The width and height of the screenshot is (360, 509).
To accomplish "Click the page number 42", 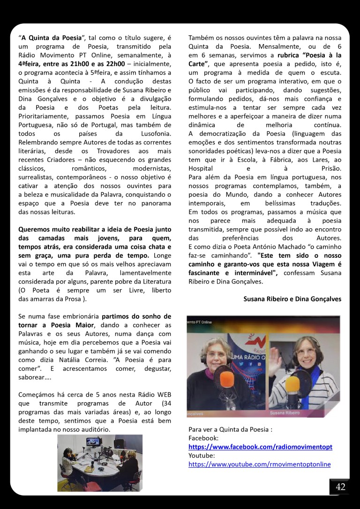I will tap(340, 487).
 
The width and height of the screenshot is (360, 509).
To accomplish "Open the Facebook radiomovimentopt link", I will tap(260, 447).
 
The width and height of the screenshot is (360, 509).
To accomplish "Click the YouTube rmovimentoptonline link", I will tap(259, 464).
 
